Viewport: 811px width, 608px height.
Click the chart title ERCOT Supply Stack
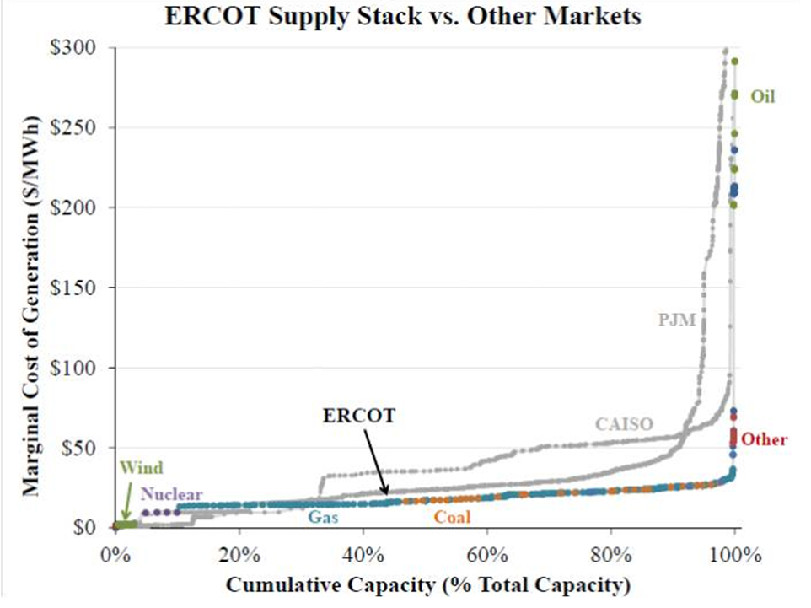pos(405,16)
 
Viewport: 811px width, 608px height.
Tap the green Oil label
pos(763,97)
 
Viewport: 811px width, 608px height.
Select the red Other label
pos(765,439)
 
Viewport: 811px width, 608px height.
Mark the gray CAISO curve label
pos(624,423)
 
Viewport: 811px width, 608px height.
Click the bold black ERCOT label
pos(359,416)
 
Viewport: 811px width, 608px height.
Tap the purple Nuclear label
pos(172,494)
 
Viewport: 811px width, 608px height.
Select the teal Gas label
pos(323,517)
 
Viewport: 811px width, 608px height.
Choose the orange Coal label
pos(452,517)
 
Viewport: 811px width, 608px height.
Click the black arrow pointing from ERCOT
pos(376,460)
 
